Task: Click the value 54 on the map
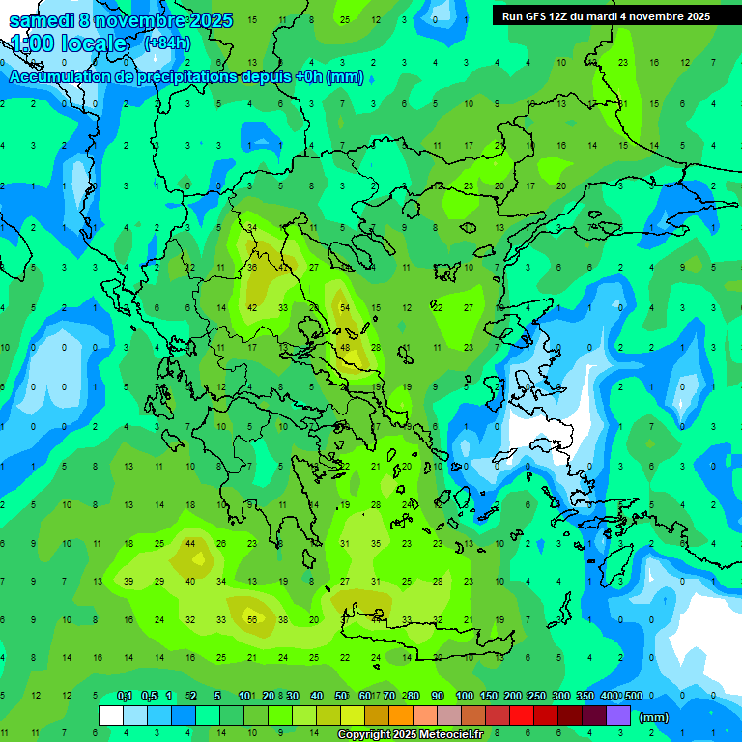coord(345,307)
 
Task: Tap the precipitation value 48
coord(345,347)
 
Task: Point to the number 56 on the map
coord(252,619)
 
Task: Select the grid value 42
coord(252,307)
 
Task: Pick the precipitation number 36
coord(252,267)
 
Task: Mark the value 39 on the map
coord(128,581)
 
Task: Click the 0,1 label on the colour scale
coord(125,696)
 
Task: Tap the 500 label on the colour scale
coord(633,696)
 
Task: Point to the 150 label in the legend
coord(489,696)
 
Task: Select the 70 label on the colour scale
coord(388,696)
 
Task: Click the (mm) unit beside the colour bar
coord(654,717)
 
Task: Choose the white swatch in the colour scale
coord(110,716)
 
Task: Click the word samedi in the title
coord(40,20)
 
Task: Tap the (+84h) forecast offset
coord(167,43)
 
